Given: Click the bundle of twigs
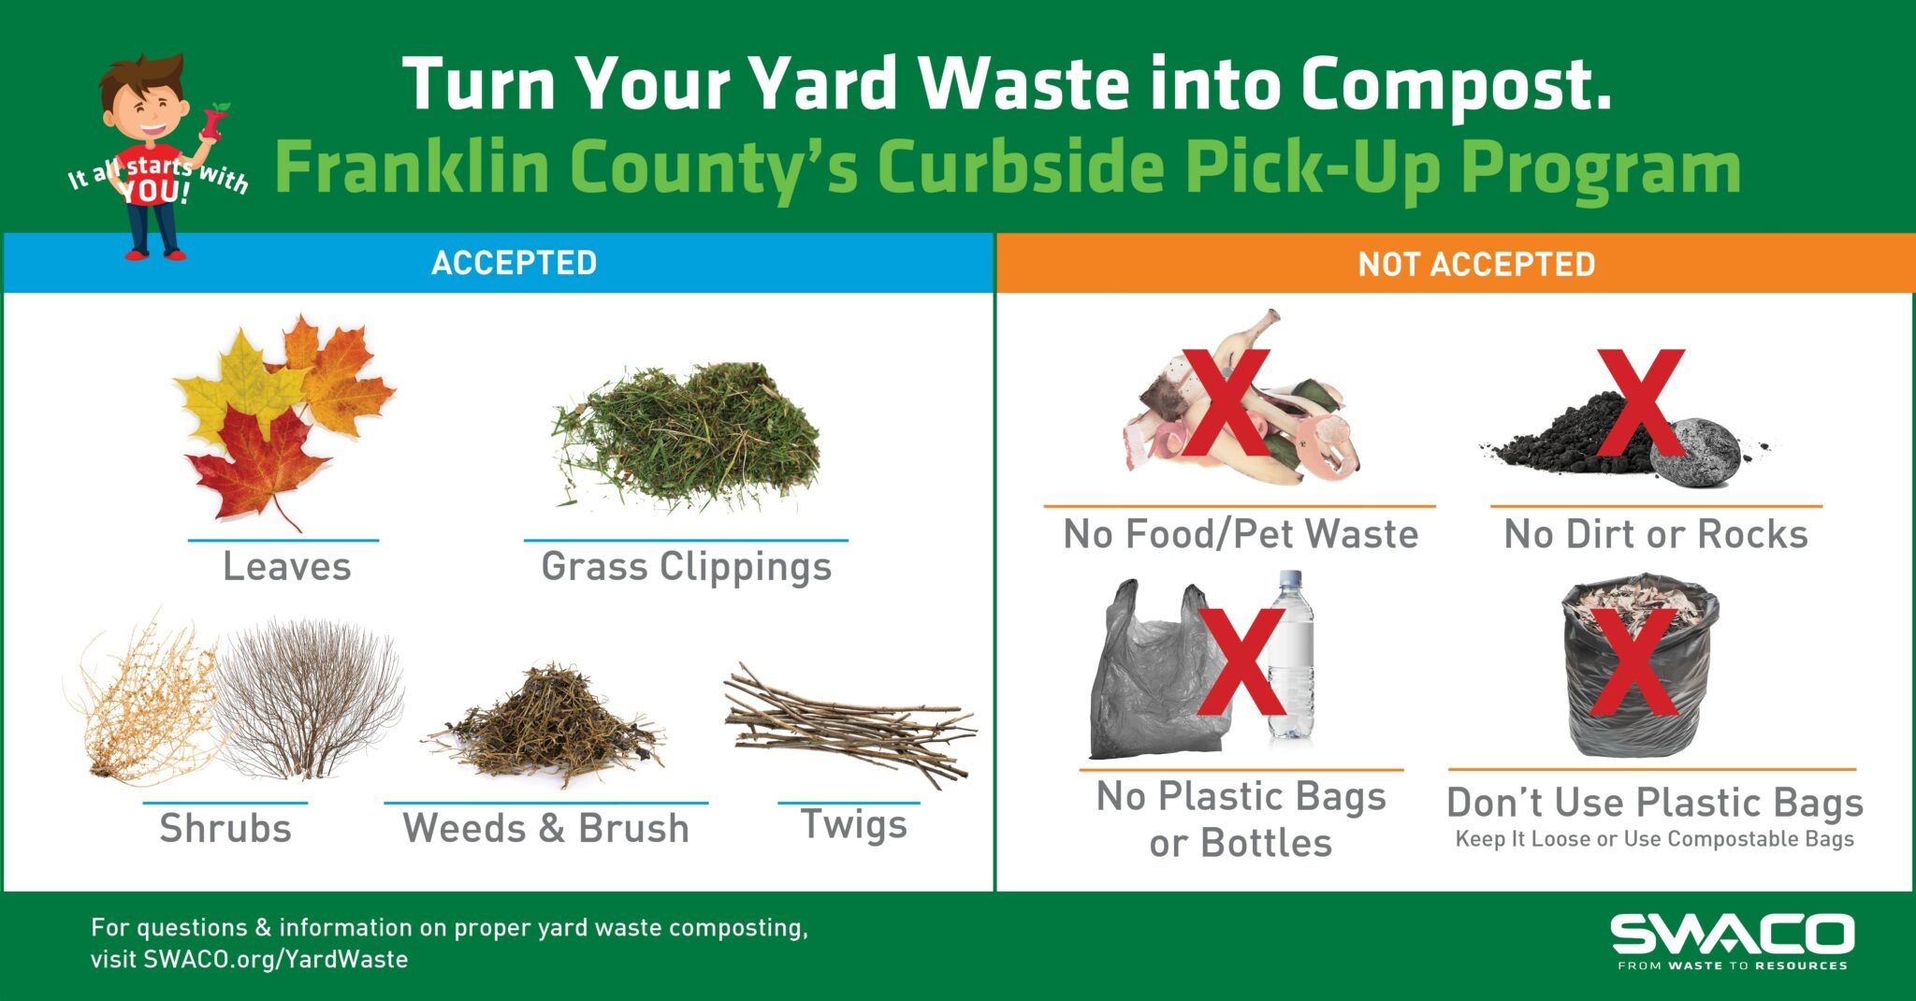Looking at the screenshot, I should (x=847, y=725).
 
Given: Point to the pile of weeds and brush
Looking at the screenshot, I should (x=547, y=725).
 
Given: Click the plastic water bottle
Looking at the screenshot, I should (x=1293, y=655).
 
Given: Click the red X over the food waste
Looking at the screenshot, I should (x=1226, y=402).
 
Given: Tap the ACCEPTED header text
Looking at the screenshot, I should (x=514, y=263).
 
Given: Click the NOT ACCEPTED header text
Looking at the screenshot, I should (x=1476, y=265).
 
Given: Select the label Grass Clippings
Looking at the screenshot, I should (x=686, y=567).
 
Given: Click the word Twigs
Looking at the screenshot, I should (x=853, y=825).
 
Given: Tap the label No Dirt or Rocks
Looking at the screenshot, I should (x=1655, y=534).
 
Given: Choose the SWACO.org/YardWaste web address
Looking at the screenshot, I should (x=275, y=960).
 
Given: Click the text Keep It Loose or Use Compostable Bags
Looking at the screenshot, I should (x=1654, y=839).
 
